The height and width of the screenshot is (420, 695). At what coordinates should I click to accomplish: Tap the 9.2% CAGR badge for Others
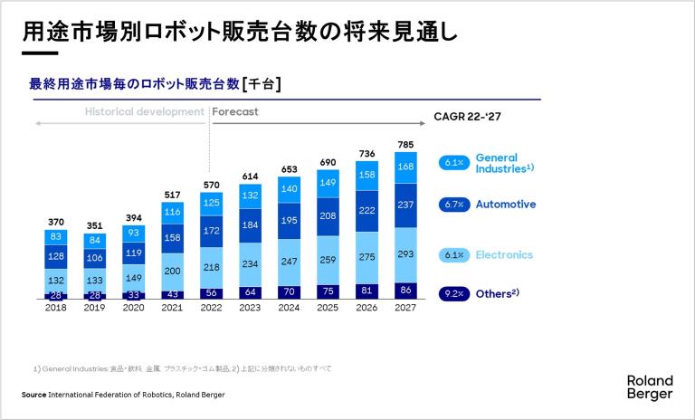tap(452, 293)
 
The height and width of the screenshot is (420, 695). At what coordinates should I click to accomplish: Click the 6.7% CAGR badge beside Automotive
tap(452, 205)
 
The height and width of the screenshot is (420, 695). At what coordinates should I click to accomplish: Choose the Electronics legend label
tap(505, 255)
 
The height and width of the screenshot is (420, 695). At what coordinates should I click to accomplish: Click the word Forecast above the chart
tap(236, 112)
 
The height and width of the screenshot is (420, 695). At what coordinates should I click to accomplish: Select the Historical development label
tap(145, 112)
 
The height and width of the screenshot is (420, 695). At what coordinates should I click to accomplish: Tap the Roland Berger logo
tap(649, 387)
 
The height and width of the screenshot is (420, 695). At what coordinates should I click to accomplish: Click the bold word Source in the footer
tap(34, 395)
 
